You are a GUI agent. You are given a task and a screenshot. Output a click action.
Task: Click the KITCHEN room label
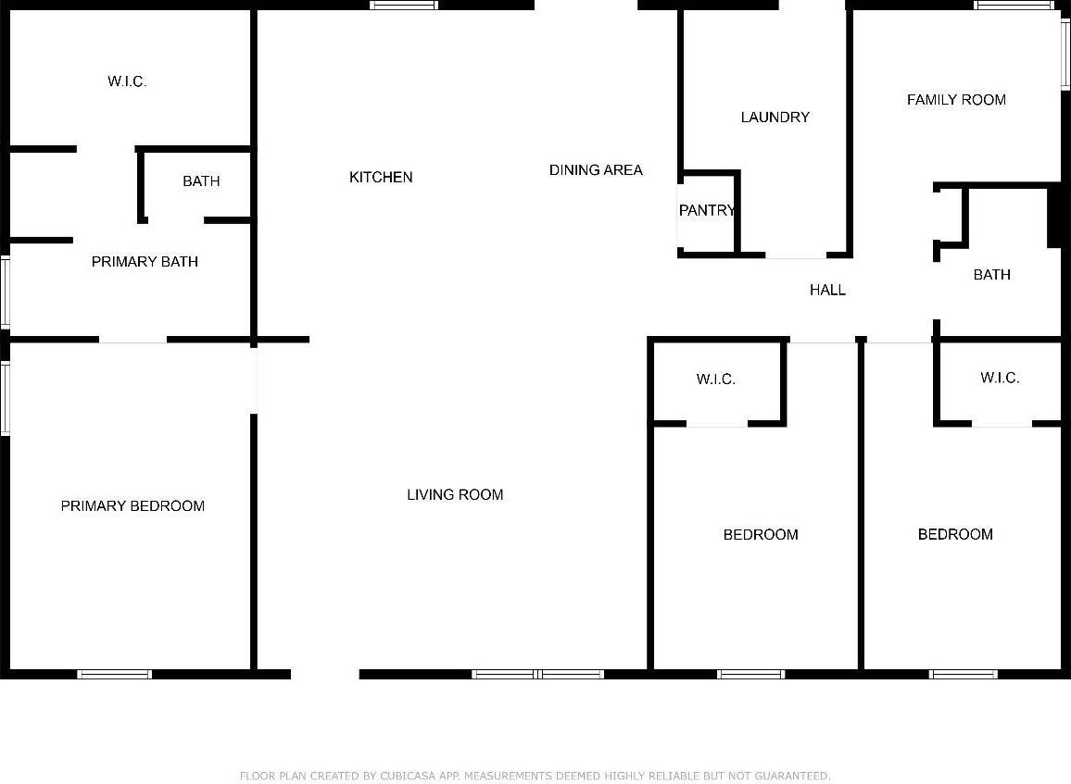(x=381, y=177)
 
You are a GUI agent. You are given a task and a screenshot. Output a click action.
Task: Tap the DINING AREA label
(x=596, y=169)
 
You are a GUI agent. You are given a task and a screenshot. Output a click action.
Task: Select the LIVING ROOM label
(x=455, y=494)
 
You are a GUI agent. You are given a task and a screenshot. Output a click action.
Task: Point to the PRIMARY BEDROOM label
(x=132, y=505)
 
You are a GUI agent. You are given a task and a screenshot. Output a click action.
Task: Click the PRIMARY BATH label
(x=145, y=261)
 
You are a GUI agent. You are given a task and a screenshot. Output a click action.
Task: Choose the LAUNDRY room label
(x=775, y=117)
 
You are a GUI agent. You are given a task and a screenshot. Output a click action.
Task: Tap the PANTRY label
(x=706, y=210)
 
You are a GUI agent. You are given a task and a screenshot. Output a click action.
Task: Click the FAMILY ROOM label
(x=956, y=99)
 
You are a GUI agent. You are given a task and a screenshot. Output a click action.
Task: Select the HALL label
(x=827, y=290)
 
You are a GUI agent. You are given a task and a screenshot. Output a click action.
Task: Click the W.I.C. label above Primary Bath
(x=127, y=81)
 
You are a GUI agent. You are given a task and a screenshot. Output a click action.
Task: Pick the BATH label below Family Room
(x=991, y=274)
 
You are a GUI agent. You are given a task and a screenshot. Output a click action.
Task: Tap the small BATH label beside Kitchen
(x=201, y=180)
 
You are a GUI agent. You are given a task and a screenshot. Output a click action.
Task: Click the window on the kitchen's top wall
(x=404, y=6)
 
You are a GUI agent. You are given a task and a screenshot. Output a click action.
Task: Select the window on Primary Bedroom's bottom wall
(x=114, y=674)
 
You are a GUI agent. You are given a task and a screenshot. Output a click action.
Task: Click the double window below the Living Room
(x=538, y=674)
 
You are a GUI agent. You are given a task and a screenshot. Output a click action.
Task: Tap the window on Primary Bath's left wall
(x=5, y=292)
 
